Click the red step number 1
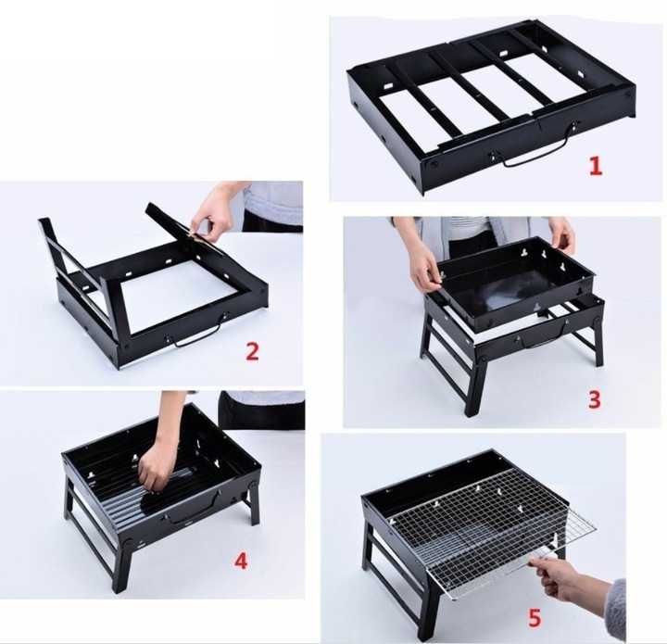596,166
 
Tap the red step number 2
252,352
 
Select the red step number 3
594,399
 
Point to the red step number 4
241,562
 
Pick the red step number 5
535,618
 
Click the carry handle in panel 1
539,150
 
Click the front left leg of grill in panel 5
427,612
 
